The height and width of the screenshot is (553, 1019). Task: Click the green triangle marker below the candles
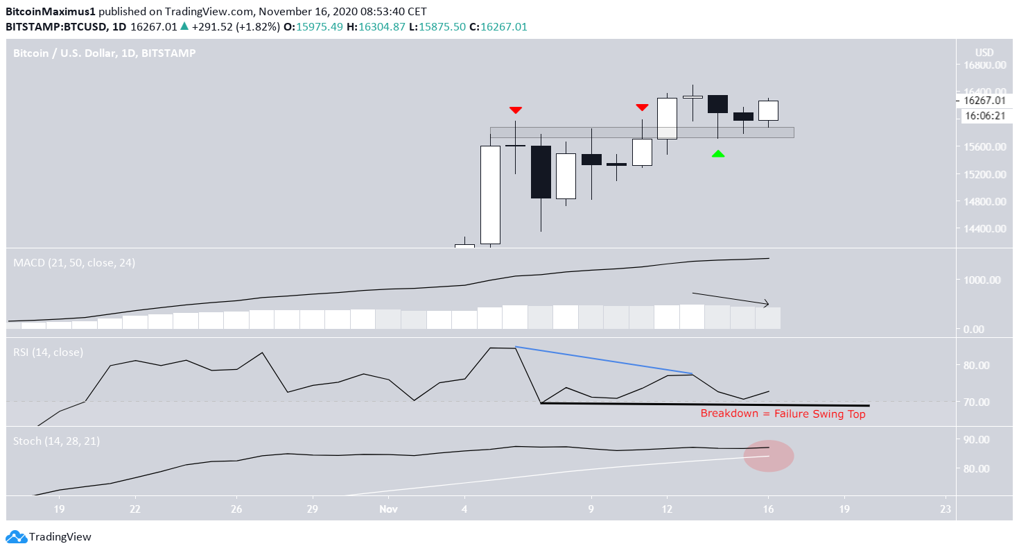(x=718, y=153)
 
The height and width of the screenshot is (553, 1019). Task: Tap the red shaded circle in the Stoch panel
(x=769, y=456)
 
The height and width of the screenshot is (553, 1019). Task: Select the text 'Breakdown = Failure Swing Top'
(x=783, y=414)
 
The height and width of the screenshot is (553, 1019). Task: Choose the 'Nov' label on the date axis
(x=389, y=508)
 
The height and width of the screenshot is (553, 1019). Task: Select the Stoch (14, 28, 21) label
(x=57, y=441)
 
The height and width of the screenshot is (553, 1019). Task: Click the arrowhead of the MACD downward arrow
(x=766, y=303)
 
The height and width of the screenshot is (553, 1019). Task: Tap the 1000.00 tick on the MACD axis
(x=985, y=280)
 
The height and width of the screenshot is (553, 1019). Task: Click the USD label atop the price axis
(x=984, y=53)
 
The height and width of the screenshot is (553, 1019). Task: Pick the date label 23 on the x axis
(x=945, y=508)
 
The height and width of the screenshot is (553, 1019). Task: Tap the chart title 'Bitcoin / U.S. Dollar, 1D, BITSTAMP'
(x=105, y=53)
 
